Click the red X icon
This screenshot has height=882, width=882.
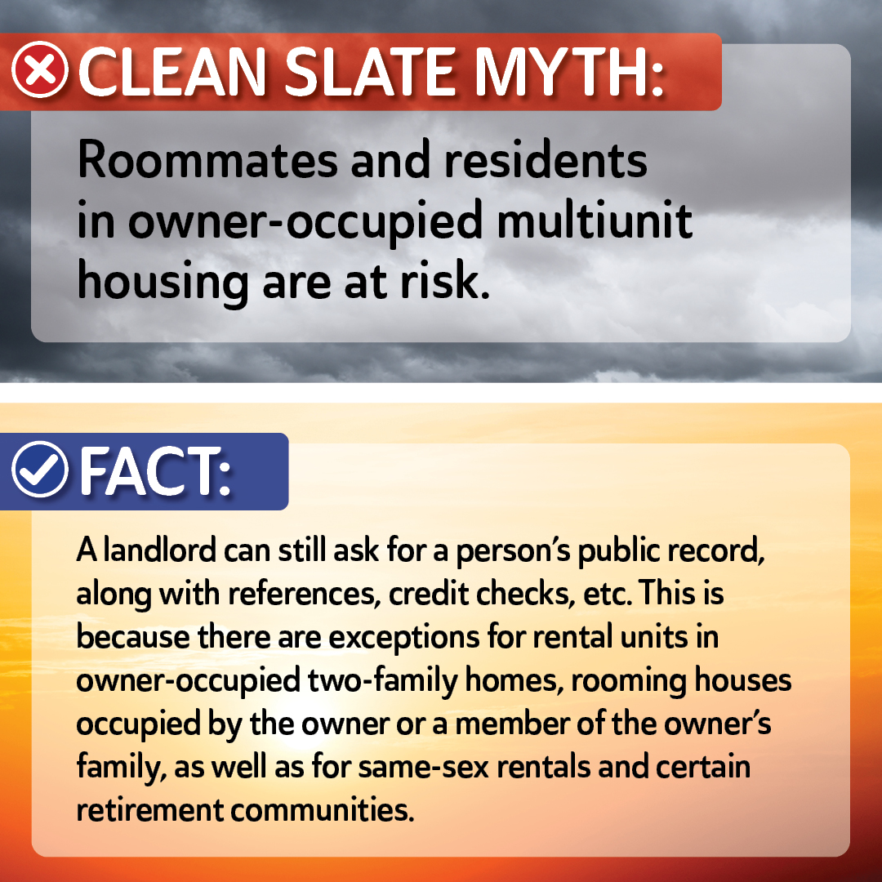[x=40, y=69]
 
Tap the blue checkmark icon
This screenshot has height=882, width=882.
[x=40, y=469]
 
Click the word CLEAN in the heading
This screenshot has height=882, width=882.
[x=172, y=71]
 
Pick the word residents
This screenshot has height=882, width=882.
[x=546, y=160]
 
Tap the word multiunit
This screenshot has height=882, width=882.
[x=595, y=220]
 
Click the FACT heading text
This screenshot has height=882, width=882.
[x=155, y=470]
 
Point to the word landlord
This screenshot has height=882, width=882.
[x=160, y=550]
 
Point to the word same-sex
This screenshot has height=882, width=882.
[x=423, y=767]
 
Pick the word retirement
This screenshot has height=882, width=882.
[x=150, y=810]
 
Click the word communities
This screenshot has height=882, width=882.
[x=322, y=810]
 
